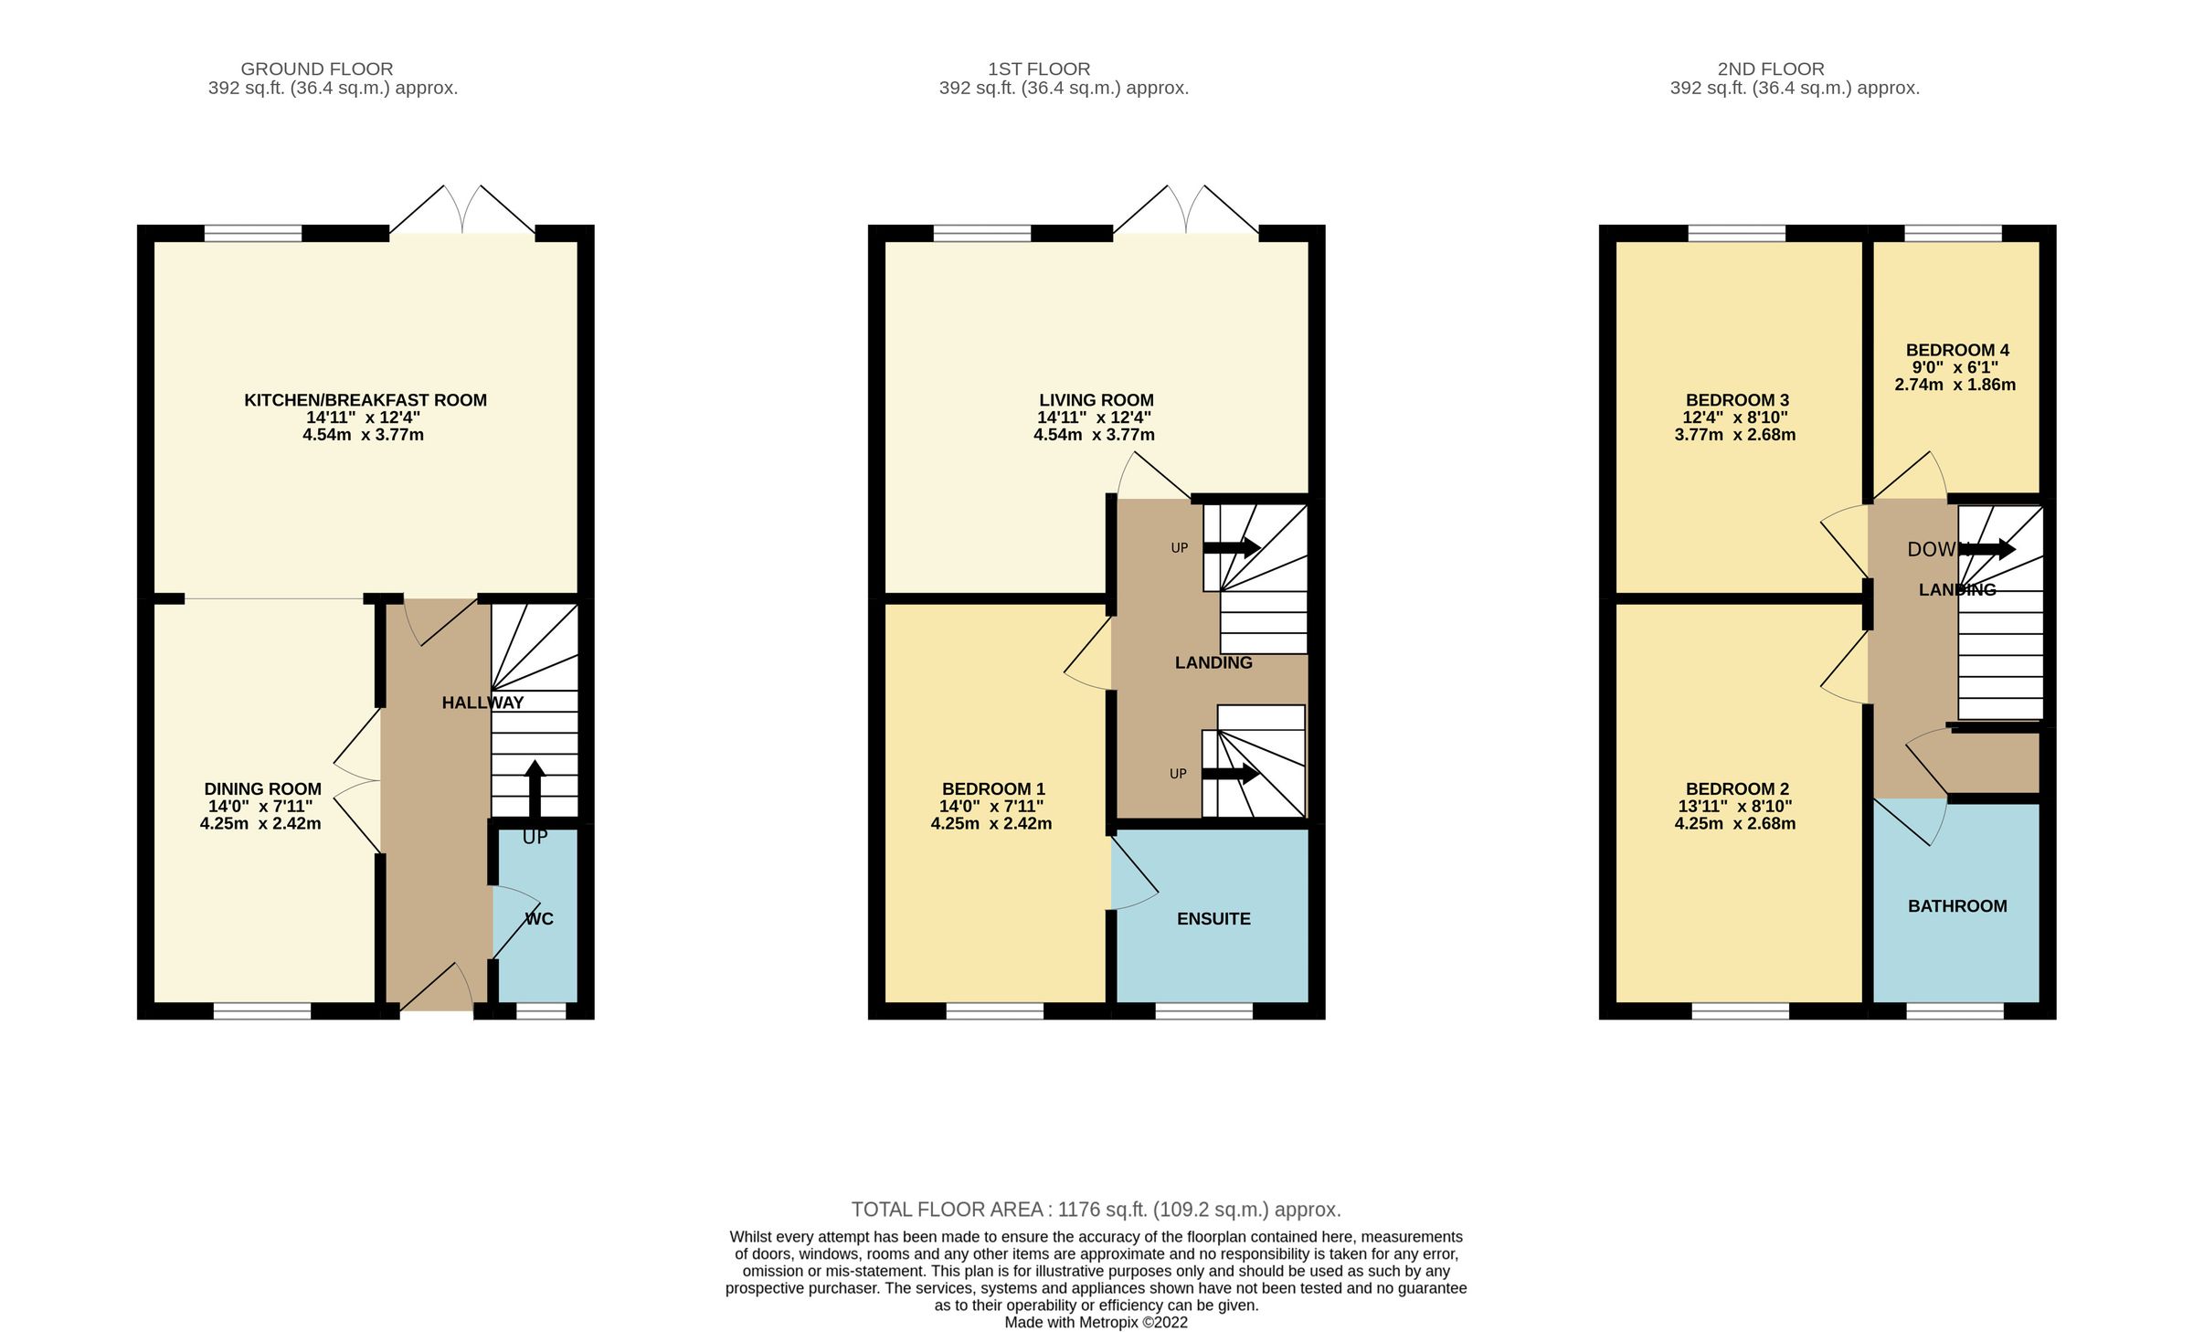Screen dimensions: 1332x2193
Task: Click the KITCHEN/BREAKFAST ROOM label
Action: point(365,400)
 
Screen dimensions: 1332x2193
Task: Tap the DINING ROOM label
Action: point(262,788)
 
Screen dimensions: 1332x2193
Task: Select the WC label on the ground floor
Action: point(539,919)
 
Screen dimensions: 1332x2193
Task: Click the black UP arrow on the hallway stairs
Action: point(535,788)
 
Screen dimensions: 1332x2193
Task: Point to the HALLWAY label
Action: point(482,703)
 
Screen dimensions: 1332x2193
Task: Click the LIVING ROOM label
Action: point(1096,400)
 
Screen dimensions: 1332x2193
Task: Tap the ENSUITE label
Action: point(1213,919)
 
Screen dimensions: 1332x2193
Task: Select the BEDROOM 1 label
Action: point(993,788)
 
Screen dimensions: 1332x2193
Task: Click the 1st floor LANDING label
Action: point(1213,662)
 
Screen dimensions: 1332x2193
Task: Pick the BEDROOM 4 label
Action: point(1957,350)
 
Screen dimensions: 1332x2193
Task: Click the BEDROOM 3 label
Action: point(1737,400)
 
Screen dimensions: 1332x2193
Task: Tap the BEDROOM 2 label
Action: point(1737,788)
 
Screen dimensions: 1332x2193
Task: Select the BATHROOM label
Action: point(1957,906)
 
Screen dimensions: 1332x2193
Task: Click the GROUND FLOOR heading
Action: point(317,69)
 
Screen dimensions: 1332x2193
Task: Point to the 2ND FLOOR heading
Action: point(1771,69)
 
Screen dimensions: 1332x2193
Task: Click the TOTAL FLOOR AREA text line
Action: point(1096,1210)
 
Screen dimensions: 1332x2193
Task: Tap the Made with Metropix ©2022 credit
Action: point(1096,1322)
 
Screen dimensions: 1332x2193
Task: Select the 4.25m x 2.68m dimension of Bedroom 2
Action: point(1735,823)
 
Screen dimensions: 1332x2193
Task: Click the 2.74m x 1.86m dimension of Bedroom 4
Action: point(1955,385)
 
